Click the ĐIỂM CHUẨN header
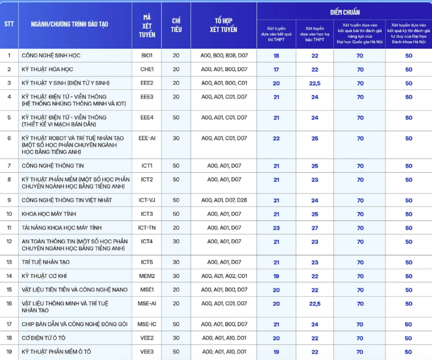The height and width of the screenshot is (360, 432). point(344,12)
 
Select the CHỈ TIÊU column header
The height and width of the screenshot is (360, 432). point(176,25)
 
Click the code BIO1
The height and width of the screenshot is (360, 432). point(146,55)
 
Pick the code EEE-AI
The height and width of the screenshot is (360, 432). point(146,138)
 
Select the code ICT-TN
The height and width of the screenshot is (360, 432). point(146,228)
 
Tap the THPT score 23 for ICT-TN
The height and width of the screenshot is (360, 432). point(276,228)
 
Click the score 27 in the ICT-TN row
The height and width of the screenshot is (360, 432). point(315,228)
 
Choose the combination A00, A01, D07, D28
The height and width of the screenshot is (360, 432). point(224,200)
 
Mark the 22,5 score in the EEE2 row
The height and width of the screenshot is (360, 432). point(315,83)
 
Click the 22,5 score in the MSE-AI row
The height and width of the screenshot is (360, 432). point(315,303)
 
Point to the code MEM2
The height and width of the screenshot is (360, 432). point(146,275)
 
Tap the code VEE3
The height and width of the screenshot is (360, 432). point(146,352)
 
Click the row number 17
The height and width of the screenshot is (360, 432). point(8,323)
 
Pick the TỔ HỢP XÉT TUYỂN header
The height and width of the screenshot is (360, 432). point(224,25)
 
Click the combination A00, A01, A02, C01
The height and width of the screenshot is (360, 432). point(224,275)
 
